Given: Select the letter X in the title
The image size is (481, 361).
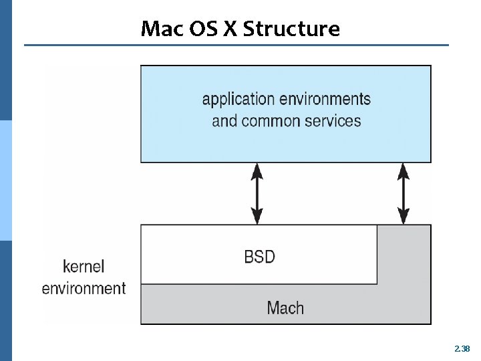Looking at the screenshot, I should pyautogui.click(x=230, y=29).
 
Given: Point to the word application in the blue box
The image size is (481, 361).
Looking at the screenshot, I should pyautogui.click(x=238, y=100).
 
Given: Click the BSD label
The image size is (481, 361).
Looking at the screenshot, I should pyautogui.click(x=259, y=256).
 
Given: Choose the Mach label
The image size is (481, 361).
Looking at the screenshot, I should pyautogui.click(x=285, y=308).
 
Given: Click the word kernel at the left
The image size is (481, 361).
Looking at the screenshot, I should pyautogui.click(x=84, y=266).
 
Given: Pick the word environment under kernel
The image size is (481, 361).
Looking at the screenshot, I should pyautogui.click(x=84, y=289).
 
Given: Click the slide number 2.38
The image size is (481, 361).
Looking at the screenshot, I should pyautogui.click(x=462, y=348).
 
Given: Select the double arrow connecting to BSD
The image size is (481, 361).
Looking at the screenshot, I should pyautogui.click(x=257, y=194).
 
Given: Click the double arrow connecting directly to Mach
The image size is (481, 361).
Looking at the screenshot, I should pyautogui.click(x=404, y=194).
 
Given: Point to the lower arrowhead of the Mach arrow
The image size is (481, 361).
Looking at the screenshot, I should pyautogui.click(x=404, y=217).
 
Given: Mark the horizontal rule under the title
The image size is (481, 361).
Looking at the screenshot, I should pyautogui.click(x=237, y=45).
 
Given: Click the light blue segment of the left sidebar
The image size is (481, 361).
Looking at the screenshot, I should pyautogui.click(x=6, y=180).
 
